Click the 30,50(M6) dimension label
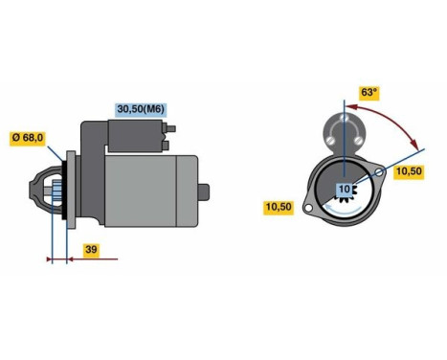141,109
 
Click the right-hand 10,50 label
409,170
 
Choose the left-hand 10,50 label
279,207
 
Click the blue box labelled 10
344,190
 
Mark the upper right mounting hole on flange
381,173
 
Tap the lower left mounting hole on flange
306,207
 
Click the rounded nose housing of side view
43,196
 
